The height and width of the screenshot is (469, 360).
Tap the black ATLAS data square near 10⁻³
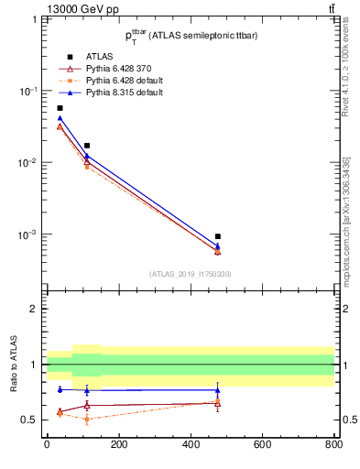217,236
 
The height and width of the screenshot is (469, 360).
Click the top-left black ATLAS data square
60,108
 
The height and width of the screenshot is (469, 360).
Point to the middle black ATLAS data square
87,146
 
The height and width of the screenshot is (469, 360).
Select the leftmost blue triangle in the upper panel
60,118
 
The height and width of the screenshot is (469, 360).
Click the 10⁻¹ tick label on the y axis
31,92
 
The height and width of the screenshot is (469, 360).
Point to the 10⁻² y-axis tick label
31,163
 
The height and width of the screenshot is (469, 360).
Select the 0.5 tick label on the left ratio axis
32,420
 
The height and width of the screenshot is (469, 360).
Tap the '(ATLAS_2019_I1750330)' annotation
190,274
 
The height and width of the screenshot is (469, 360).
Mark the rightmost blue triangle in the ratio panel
217,390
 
